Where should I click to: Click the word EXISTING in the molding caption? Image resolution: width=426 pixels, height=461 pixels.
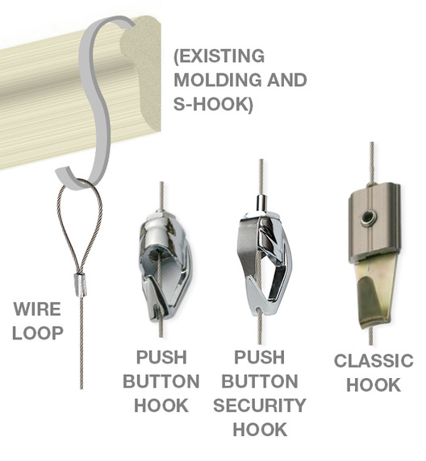219,56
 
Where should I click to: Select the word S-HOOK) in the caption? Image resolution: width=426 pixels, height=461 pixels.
213,104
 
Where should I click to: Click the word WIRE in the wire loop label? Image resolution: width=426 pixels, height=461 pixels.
37,309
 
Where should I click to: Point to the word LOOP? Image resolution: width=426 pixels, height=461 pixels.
38,333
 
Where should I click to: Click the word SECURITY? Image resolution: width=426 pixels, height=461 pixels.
260,405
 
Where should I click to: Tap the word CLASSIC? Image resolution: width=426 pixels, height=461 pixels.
374,360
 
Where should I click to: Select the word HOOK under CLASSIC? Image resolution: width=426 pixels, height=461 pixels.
374,384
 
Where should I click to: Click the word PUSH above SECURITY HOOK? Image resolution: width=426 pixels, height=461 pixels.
259,357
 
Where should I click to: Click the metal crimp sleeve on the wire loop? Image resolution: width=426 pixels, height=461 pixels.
80,284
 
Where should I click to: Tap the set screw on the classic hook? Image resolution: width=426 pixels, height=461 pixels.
368,218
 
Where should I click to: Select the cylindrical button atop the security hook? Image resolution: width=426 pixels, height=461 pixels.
261,201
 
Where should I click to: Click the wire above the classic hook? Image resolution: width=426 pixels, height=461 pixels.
372,163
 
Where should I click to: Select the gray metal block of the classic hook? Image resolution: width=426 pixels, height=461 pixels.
374,222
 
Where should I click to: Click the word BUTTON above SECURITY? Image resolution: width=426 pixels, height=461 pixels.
259,381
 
